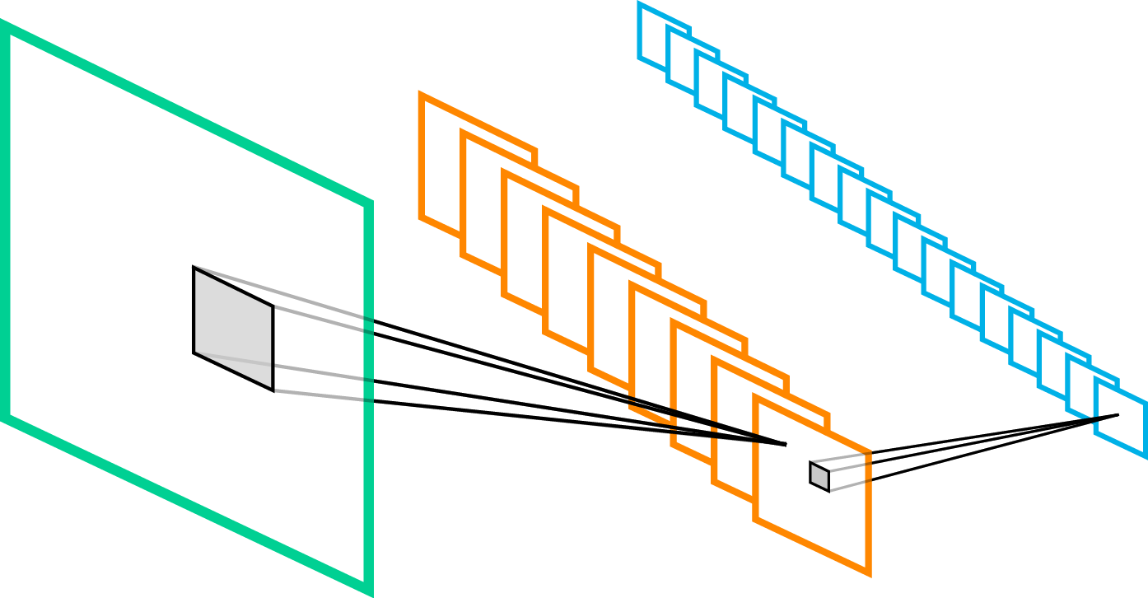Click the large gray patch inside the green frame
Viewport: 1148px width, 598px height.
[x=233, y=329]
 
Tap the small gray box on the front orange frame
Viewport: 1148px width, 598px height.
[x=819, y=476]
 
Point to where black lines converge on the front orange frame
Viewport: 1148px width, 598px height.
[x=786, y=445]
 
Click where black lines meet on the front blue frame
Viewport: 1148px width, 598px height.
[x=1118, y=414]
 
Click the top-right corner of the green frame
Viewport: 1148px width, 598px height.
[x=369, y=203]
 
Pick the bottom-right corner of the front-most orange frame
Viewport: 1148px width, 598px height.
[x=868, y=572]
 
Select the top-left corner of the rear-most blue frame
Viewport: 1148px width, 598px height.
[x=640, y=5]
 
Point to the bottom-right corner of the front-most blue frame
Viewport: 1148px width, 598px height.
[x=1144, y=455]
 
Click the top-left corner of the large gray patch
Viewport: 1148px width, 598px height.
[x=194, y=268]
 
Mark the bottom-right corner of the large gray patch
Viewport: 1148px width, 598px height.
[x=272, y=390]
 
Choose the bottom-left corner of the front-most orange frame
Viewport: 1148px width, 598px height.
[x=756, y=520]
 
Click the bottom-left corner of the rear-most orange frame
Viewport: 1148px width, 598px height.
[x=422, y=218]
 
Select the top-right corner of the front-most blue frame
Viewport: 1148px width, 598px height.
[x=1144, y=402]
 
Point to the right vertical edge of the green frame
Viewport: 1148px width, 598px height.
[x=369, y=395]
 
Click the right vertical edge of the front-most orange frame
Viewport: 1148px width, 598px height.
[x=868, y=511]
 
